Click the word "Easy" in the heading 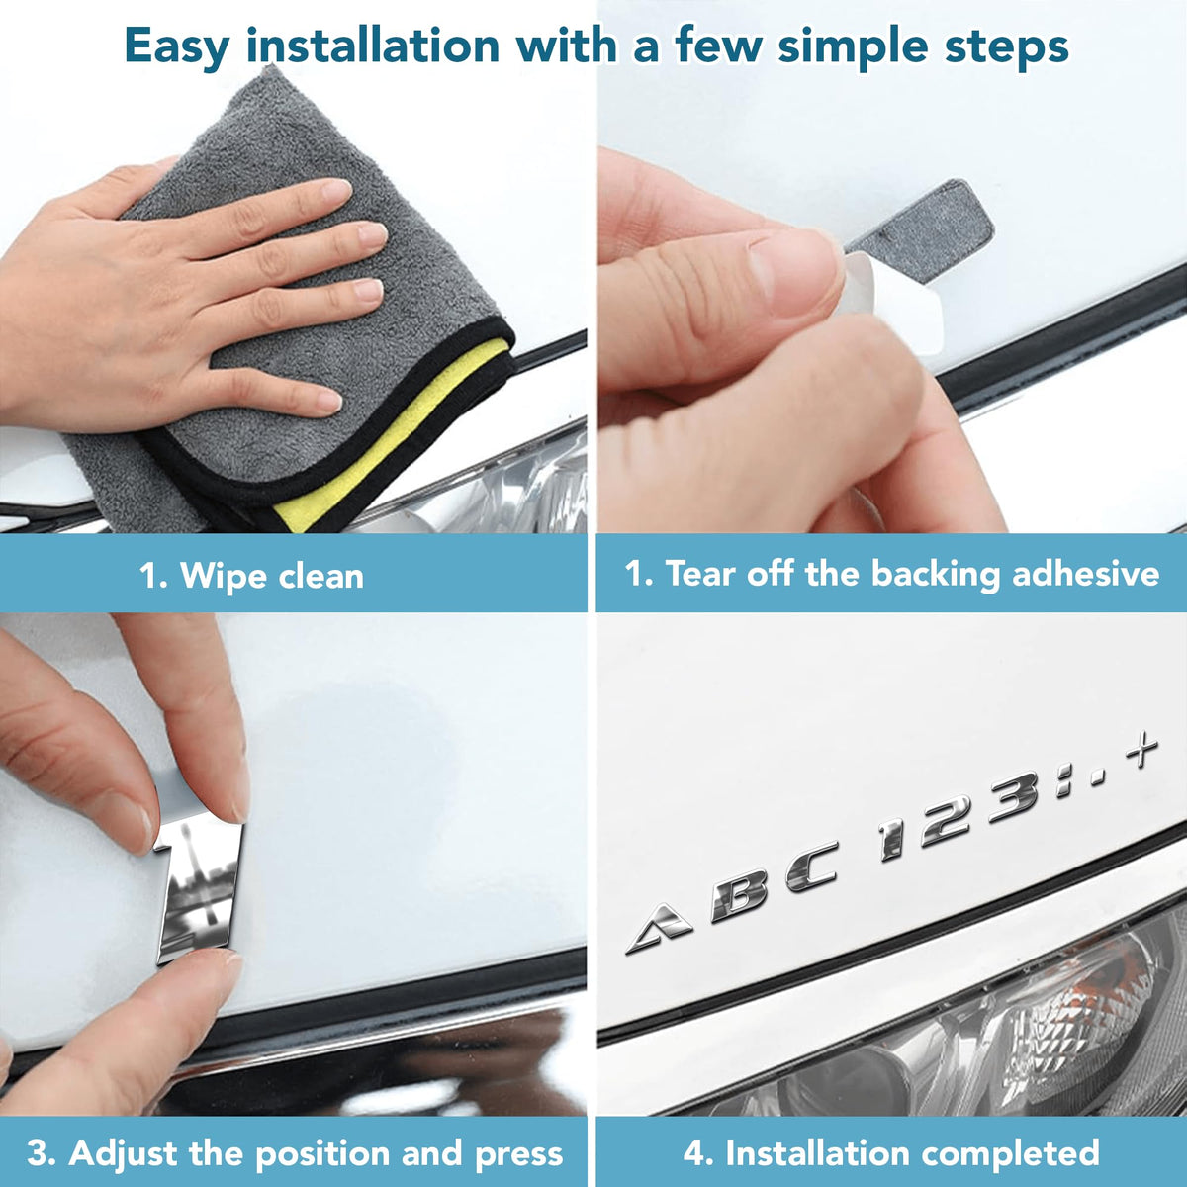click(177, 47)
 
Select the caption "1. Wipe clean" click(251, 576)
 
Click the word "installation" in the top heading click(372, 46)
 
